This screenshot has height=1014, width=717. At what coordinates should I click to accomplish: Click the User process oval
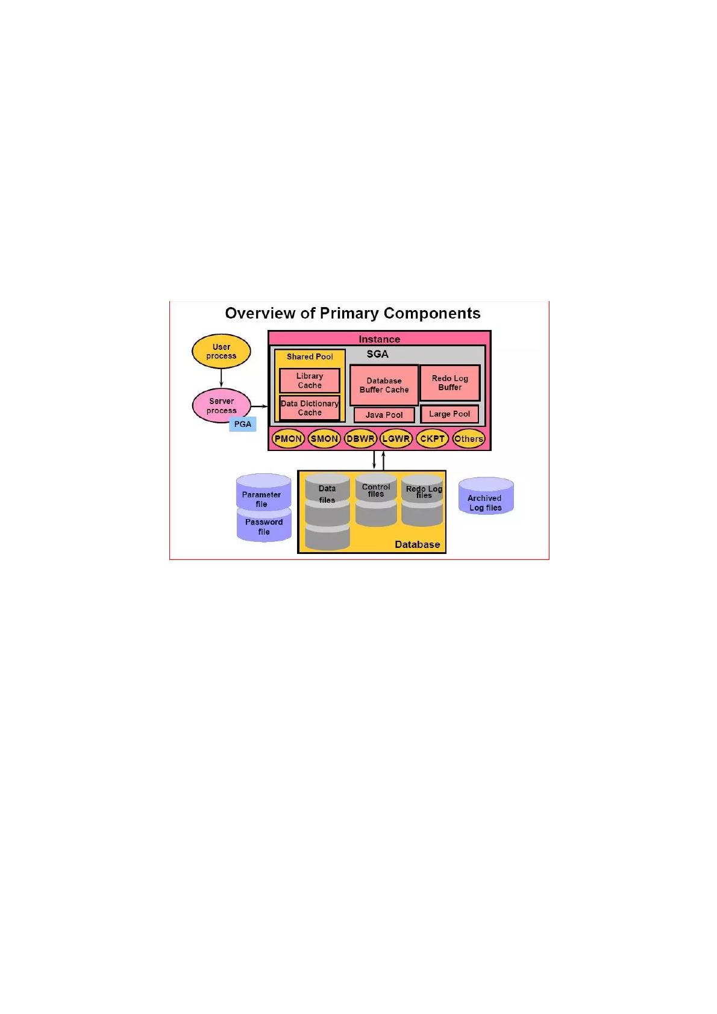[x=221, y=351]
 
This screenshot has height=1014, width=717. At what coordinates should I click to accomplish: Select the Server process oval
[x=221, y=406]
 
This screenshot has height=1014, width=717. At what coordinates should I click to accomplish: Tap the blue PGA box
[x=243, y=424]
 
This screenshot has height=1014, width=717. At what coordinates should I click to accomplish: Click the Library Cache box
[x=310, y=381]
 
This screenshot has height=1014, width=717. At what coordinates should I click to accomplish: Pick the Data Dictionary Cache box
[x=310, y=408]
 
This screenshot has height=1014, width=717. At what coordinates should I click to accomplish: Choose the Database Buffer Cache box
[x=384, y=385]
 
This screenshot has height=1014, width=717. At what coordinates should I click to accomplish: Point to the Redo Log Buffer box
[x=449, y=383]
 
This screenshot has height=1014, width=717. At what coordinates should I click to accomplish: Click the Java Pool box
[x=384, y=415]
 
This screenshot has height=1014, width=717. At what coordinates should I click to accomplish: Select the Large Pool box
[x=449, y=414]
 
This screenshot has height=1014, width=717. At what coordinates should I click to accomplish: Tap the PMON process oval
[x=288, y=438]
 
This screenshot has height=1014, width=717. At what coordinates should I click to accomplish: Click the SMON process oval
[x=324, y=438]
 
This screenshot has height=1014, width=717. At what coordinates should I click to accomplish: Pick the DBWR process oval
[x=360, y=438]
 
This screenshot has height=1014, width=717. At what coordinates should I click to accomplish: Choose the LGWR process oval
[x=396, y=438]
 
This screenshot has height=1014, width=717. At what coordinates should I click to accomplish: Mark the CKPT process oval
[x=432, y=438]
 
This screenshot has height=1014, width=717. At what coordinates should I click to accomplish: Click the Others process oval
[x=468, y=438]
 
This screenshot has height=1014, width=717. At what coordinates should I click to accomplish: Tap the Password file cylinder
[x=264, y=526]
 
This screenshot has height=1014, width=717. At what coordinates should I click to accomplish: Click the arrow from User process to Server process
[x=221, y=378]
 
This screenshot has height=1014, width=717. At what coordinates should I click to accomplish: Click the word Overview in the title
[x=260, y=313]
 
